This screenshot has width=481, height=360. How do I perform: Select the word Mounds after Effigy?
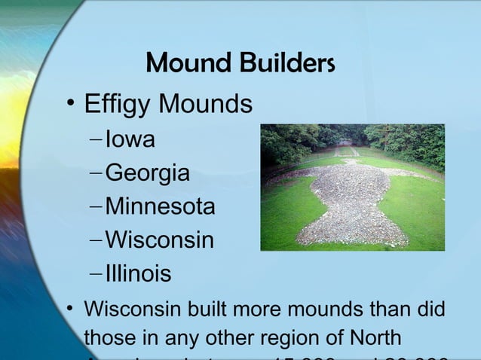(x=207, y=104)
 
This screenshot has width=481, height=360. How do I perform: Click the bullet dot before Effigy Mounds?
(x=69, y=105)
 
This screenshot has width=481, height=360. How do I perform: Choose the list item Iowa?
(x=130, y=139)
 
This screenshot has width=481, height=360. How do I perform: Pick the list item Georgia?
(x=147, y=173)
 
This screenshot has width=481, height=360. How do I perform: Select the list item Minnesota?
(x=160, y=206)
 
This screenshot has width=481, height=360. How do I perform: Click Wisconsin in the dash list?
(x=160, y=240)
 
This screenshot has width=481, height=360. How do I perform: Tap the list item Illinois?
(x=139, y=273)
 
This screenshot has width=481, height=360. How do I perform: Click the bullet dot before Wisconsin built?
(x=69, y=310)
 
